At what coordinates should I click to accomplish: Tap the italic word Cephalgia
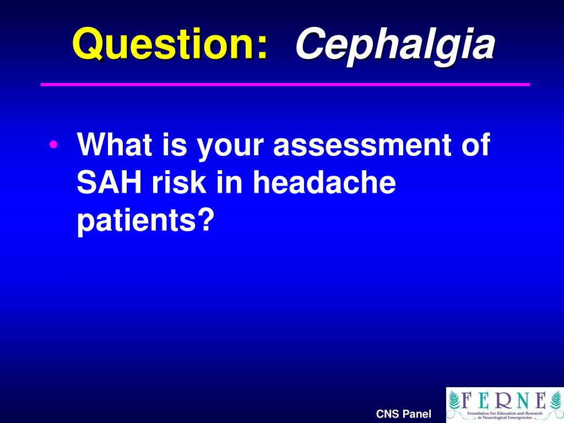tap(394, 45)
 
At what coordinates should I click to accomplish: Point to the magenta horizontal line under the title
tap(285, 84)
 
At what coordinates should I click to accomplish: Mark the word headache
tap(324, 183)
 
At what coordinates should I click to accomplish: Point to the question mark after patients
tap(206, 220)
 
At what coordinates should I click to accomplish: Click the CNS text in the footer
tap(388, 414)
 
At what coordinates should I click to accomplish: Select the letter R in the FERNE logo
tap(504, 399)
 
